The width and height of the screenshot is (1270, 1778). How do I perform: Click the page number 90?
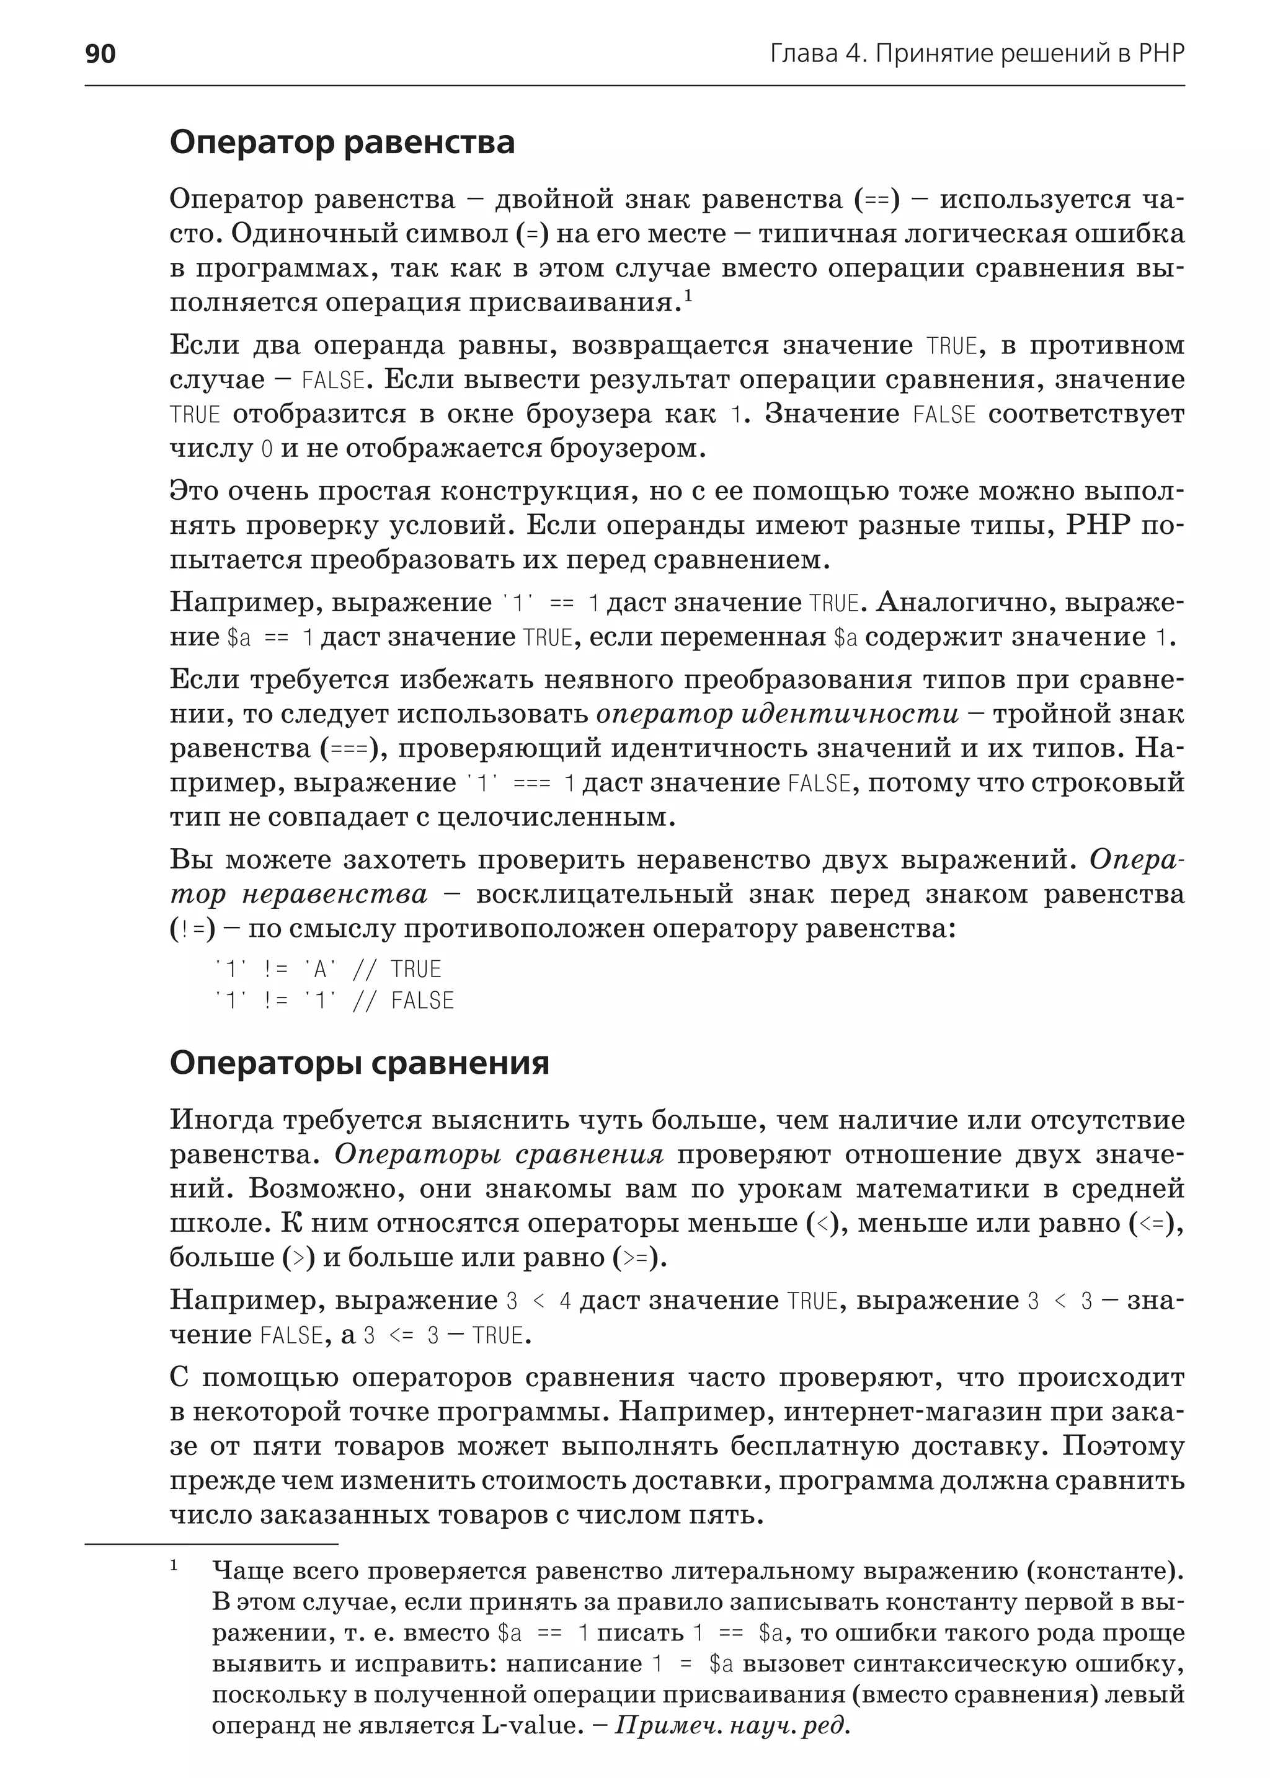100,53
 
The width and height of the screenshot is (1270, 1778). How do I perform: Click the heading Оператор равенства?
342,143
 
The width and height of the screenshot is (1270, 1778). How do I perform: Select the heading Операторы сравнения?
359,1063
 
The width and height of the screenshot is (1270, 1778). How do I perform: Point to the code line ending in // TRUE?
329,970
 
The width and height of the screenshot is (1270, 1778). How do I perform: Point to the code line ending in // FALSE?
335,1001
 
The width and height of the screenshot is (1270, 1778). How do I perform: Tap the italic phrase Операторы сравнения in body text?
499,1155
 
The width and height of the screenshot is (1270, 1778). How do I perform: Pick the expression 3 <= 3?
401,1335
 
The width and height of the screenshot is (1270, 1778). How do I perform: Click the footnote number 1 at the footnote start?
174,1565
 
